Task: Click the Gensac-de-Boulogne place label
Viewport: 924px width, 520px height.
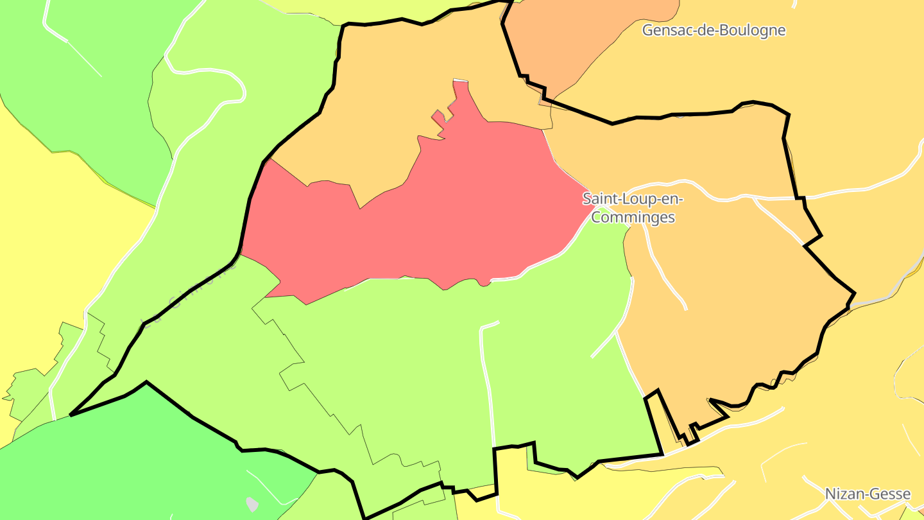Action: (x=714, y=30)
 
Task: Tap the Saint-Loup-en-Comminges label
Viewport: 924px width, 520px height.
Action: (x=633, y=207)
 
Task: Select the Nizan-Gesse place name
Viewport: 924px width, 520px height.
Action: (x=868, y=494)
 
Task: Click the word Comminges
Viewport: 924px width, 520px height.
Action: (x=633, y=217)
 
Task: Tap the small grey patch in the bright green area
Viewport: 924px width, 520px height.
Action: (x=252, y=504)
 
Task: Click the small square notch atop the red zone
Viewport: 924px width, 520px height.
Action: (x=439, y=116)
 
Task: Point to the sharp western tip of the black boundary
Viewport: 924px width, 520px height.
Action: (x=71, y=415)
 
